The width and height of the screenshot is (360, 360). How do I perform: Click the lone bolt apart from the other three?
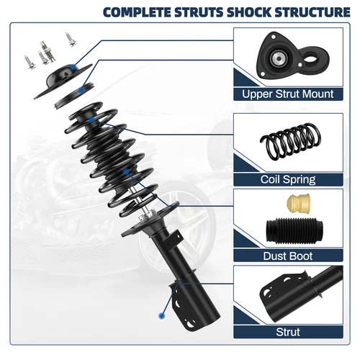coord(71,38)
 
